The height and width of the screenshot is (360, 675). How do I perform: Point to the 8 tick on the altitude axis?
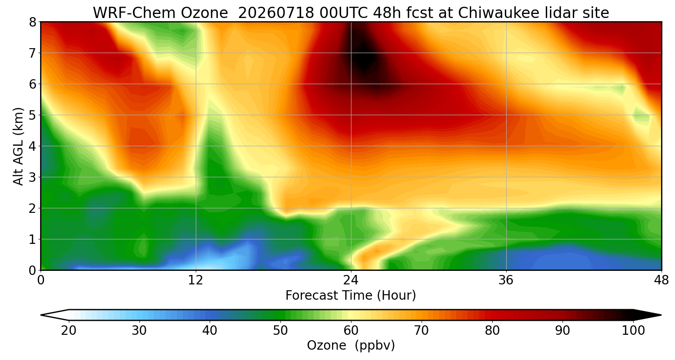click(x=32, y=22)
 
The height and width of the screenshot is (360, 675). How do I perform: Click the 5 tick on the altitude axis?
click(x=32, y=115)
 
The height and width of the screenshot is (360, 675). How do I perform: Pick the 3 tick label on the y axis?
click(x=32, y=177)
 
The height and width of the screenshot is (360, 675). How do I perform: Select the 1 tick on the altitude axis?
click(x=32, y=239)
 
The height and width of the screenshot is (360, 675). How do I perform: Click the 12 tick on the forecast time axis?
click(x=196, y=280)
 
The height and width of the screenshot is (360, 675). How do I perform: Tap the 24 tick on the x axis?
click(x=351, y=280)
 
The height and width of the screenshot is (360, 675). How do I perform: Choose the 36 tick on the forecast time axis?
click(x=506, y=280)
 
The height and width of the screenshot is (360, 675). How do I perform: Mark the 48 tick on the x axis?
click(x=661, y=280)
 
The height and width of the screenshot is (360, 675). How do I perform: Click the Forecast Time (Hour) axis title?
click(x=351, y=296)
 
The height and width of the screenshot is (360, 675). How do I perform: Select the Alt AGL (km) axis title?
click(x=18, y=146)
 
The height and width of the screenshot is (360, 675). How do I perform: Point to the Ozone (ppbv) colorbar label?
click(x=351, y=345)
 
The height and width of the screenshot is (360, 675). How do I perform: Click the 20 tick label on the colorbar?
click(x=69, y=330)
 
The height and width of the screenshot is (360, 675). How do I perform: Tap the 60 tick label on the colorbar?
click(x=351, y=330)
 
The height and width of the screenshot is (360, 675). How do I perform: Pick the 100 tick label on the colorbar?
click(x=633, y=330)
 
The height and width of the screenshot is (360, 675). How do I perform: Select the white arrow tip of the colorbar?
click(x=41, y=315)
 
